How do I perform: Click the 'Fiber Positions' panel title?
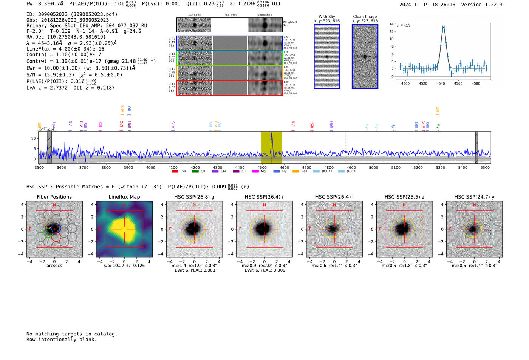(54, 197)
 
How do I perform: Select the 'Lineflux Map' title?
(124, 197)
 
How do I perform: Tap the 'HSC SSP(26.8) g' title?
(194, 197)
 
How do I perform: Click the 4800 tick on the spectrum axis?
(329, 168)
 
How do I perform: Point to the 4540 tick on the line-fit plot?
(441, 83)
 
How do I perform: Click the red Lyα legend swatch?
(175, 171)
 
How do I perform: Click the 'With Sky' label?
(327, 17)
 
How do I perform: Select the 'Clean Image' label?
(365, 17)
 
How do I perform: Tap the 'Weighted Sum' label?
(290, 24)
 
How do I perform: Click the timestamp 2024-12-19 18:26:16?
(427, 5)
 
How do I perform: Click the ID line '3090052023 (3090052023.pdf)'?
(72, 14)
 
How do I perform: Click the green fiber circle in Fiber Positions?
(48, 232)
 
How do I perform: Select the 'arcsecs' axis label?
(54, 266)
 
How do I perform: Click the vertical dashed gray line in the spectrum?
(346, 147)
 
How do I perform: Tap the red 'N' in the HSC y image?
(474, 205)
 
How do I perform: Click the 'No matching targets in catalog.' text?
(72, 334)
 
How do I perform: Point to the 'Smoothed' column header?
(264, 15)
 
